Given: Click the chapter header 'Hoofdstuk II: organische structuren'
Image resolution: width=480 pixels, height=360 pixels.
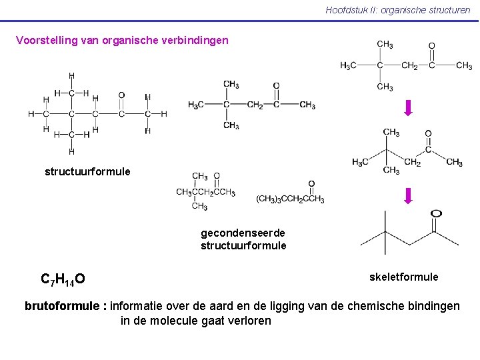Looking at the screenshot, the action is (x=397, y=10).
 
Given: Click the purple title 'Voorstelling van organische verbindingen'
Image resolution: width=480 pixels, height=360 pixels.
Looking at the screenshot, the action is (x=122, y=40).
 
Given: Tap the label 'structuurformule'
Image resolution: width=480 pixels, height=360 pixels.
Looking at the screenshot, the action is (x=87, y=171).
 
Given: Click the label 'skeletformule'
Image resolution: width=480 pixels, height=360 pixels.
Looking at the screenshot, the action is (x=404, y=276).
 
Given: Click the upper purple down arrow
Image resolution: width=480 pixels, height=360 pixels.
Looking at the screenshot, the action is (x=409, y=107).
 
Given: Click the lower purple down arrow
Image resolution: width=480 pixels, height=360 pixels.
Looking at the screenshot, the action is (x=409, y=195).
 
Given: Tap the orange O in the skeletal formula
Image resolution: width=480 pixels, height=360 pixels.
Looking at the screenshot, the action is (x=436, y=214).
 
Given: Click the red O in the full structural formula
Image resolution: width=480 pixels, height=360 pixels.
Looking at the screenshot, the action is (x=121, y=95).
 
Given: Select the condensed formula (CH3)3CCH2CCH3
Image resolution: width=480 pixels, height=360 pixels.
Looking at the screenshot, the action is (x=290, y=199).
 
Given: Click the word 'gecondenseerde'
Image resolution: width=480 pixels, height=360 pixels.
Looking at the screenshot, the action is (x=243, y=233).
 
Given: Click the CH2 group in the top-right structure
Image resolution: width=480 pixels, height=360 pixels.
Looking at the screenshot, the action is (x=409, y=65).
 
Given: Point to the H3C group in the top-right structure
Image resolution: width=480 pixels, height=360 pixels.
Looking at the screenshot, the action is (x=348, y=65).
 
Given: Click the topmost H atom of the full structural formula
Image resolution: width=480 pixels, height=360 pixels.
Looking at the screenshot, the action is (x=71, y=75).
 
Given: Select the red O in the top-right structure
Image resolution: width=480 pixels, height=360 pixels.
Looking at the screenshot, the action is (x=431, y=46).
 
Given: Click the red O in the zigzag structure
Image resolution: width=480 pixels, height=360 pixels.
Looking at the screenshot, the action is (x=428, y=133).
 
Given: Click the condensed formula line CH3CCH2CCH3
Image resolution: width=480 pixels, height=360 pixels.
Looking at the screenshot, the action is (x=205, y=192).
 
